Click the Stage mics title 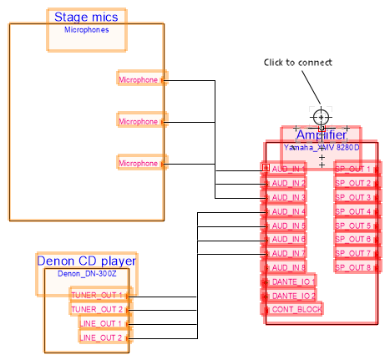coord(86,17)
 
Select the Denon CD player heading coord(86,261)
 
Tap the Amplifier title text coord(321,135)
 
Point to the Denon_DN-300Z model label coord(86,273)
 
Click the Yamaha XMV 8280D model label coord(321,147)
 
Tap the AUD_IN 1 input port coord(285,169)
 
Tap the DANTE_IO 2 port coord(290,296)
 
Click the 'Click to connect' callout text coord(298,63)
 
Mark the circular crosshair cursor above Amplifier coord(322,116)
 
